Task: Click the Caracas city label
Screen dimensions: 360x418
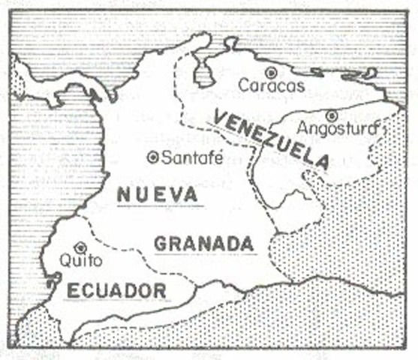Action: [x=272, y=86]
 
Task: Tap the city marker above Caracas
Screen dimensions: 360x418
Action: [x=271, y=72]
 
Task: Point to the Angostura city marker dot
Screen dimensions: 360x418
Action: [x=331, y=115]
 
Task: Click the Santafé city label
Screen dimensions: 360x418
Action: [x=182, y=157]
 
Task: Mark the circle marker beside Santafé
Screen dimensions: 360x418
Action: [x=154, y=157]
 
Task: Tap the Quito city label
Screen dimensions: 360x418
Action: [x=80, y=261]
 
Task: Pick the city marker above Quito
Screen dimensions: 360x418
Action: [x=81, y=247]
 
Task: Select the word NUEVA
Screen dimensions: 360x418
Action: [x=158, y=193]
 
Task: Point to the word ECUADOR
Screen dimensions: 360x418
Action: [x=116, y=289]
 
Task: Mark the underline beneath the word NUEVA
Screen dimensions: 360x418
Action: [x=158, y=205]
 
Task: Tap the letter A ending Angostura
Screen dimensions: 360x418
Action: [x=377, y=129]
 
